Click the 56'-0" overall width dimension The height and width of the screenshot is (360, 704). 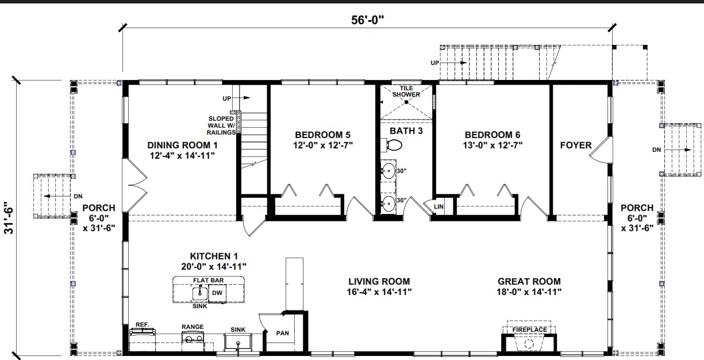[x=368, y=20]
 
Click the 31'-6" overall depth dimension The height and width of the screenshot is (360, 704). [x=7, y=218]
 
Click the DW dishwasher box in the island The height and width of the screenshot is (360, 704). [x=217, y=293]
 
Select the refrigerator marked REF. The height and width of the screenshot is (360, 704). [x=141, y=331]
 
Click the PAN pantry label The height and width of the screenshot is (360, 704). [x=282, y=333]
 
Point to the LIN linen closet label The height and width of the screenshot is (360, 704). [x=439, y=206]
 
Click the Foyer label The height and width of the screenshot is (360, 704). [x=575, y=145]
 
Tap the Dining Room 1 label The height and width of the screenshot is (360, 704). [x=182, y=145]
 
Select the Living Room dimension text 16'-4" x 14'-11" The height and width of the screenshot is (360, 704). [x=379, y=292]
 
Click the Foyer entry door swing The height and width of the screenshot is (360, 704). [x=599, y=151]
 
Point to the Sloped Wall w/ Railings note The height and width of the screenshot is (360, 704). [x=222, y=125]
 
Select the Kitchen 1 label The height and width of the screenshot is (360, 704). [x=214, y=255]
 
